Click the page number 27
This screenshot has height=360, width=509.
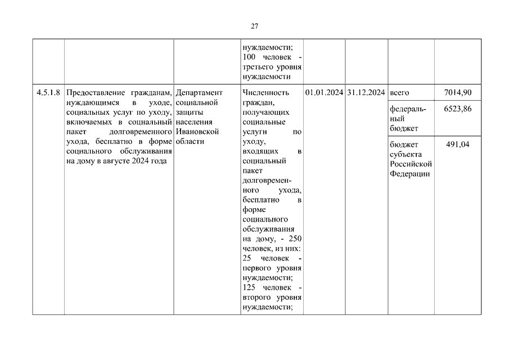click(x=254, y=26)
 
